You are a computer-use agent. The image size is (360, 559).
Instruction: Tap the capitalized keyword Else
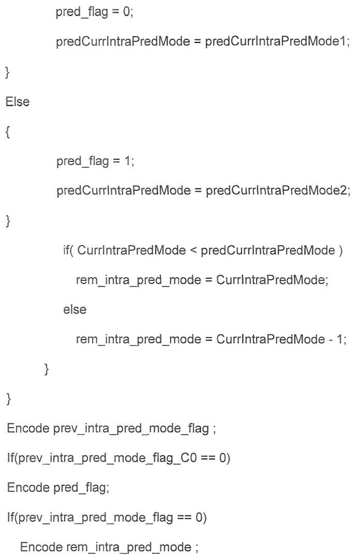tap(18, 101)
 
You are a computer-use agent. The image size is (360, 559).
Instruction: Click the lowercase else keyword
tap(75, 309)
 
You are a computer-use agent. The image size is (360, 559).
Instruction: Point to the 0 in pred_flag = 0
tap(127, 12)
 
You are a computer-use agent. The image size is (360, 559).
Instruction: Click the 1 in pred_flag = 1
tap(128, 161)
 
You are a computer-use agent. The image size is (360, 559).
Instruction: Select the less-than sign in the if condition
tap(193, 250)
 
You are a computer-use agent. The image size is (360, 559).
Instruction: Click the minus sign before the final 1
tap(331, 339)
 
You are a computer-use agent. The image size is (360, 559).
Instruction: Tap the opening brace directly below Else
tap(8, 132)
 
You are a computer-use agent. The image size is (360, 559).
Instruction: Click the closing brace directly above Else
tap(8, 72)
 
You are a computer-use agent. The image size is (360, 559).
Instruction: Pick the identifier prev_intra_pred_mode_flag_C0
tap(107, 458)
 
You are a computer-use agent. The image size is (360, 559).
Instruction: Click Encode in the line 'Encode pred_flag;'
tap(28, 487)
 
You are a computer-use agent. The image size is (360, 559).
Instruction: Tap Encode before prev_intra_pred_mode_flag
tap(28, 428)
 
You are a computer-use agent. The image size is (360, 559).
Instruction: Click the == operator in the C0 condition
tap(208, 458)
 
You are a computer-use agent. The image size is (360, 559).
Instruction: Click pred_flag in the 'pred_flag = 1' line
tap(82, 161)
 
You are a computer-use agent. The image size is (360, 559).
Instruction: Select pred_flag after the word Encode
tap(80, 488)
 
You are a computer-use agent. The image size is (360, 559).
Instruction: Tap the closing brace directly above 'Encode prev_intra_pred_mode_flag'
tap(9, 399)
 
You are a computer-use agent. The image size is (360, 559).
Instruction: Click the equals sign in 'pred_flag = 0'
tap(116, 12)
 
